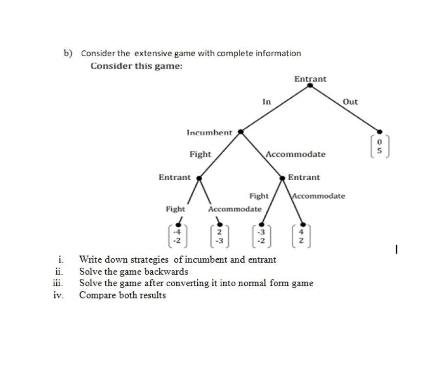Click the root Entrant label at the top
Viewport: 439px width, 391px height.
point(310,79)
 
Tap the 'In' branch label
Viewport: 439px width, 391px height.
point(266,102)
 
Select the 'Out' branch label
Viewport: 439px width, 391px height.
point(350,102)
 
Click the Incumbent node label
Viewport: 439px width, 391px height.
point(209,132)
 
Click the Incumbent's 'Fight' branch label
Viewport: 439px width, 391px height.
point(200,154)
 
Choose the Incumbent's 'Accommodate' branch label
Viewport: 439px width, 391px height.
point(295,154)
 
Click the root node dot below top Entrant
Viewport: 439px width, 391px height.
point(310,86)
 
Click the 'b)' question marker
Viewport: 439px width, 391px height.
point(68,53)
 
